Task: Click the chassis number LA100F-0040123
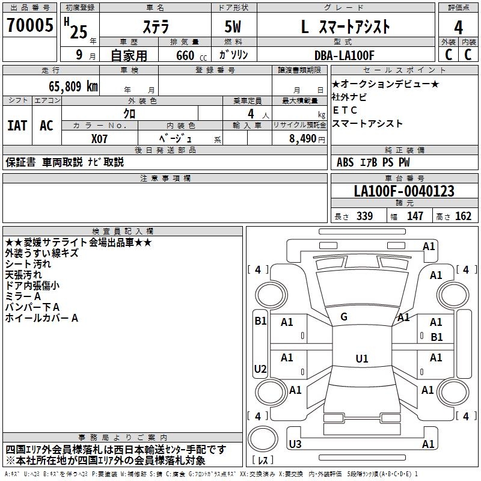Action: point(404,192)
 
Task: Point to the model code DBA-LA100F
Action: point(345,55)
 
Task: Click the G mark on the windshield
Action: point(344,317)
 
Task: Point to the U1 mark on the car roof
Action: point(361,359)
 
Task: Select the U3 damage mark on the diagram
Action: point(295,444)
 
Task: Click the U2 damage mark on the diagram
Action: point(260,369)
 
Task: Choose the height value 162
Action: point(463,216)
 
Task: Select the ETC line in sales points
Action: point(345,110)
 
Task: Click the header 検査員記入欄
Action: point(123,231)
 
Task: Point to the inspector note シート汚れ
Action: point(28,264)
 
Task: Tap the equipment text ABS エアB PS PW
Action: point(373,162)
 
